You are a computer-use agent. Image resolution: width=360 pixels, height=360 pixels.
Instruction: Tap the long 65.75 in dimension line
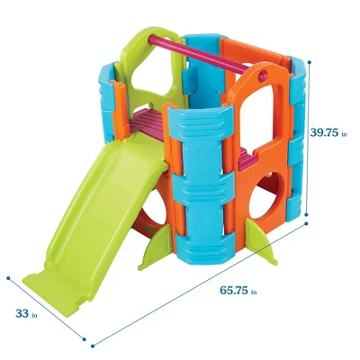(198, 288)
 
